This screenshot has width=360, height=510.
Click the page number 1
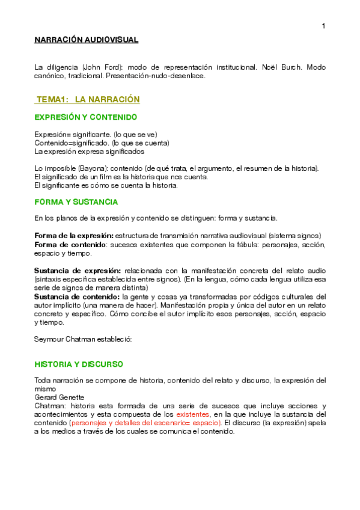click(x=323, y=25)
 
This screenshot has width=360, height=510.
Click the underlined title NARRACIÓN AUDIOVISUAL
click(x=86, y=40)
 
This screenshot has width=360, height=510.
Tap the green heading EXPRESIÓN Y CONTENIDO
click(x=85, y=117)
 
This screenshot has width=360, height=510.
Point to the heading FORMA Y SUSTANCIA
click(x=76, y=202)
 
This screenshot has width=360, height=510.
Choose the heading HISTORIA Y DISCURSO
click(x=78, y=364)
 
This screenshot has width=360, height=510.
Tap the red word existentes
click(x=193, y=414)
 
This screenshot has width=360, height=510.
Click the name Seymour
click(x=49, y=339)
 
